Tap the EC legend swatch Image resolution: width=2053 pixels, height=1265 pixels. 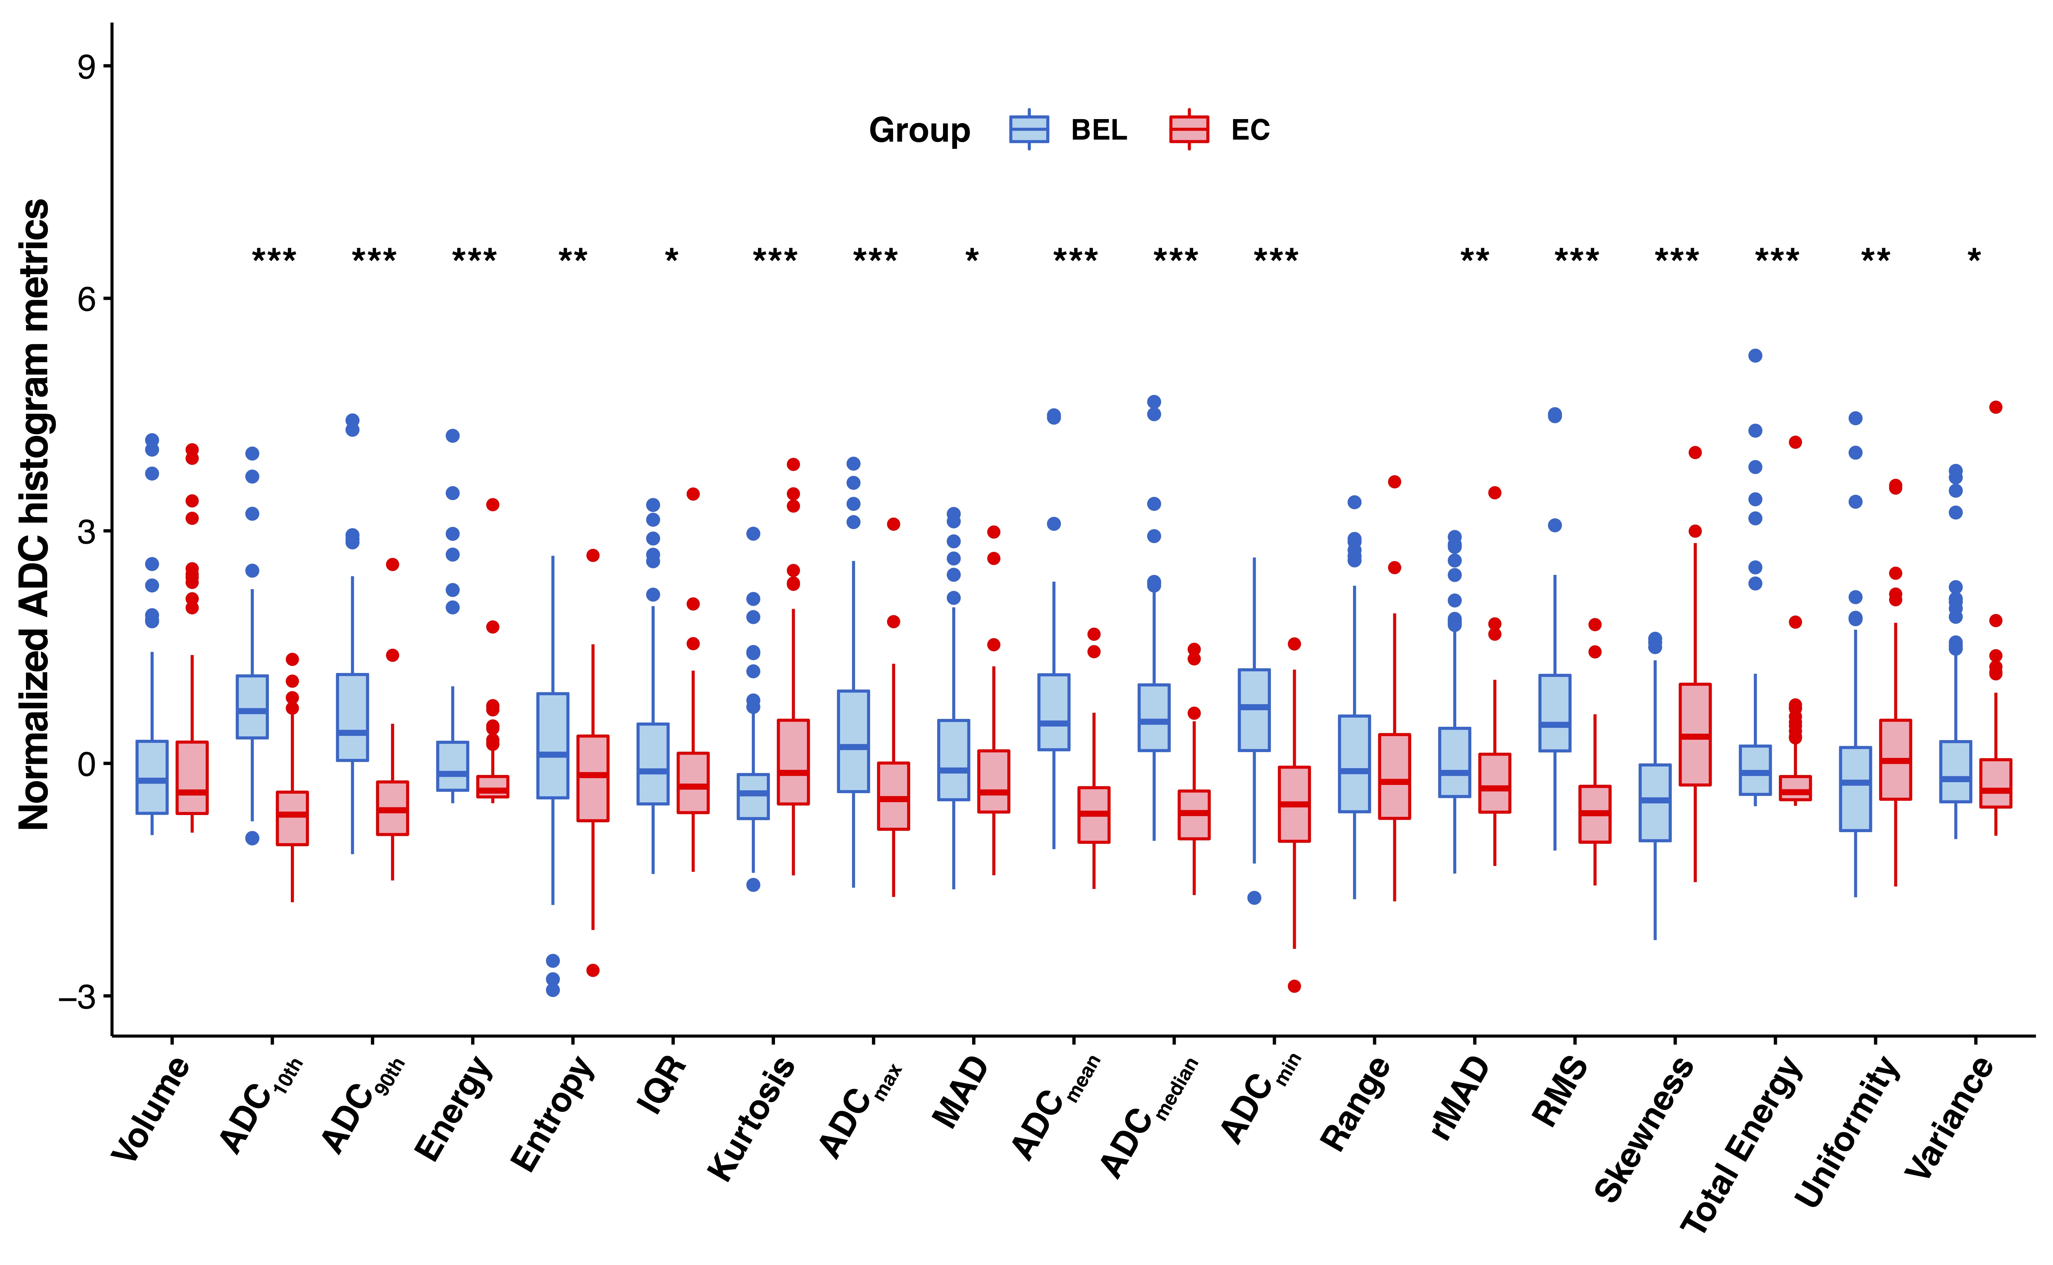(x=1189, y=130)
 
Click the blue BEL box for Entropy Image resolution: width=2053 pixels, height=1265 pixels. (x=552, y=745)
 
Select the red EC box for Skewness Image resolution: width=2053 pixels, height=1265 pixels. (x=1695, y=735)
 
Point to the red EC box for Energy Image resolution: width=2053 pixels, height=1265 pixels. (x=493, y=786)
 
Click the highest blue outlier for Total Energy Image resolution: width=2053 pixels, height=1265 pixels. (x=1755, y=356)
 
